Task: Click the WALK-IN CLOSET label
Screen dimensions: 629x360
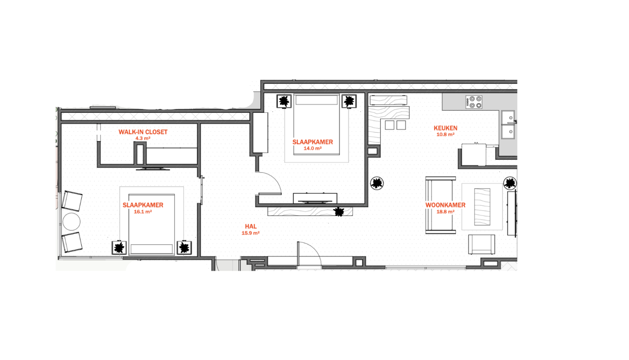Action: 143,132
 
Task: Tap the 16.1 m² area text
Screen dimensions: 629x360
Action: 142,212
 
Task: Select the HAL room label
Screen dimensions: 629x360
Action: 251,226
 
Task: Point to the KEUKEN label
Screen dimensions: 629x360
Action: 445,128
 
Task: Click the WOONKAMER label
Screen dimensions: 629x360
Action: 445,205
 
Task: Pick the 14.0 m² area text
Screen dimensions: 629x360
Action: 312,148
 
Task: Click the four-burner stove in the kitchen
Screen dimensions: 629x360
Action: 474,102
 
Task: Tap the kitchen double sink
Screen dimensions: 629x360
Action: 508,124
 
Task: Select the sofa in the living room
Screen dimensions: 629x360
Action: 440,205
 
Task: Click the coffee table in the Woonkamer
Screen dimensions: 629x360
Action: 482,207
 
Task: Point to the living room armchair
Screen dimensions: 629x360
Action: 481,245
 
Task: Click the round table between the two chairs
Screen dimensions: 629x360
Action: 71,221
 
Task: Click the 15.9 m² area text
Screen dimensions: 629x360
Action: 250,233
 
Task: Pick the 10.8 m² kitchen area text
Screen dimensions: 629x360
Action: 445,135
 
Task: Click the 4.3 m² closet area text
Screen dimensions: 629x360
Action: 142,139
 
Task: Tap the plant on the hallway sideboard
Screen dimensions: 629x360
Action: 339,212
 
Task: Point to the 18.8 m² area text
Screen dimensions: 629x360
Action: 445,212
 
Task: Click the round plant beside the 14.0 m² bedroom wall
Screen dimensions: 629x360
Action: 377,183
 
